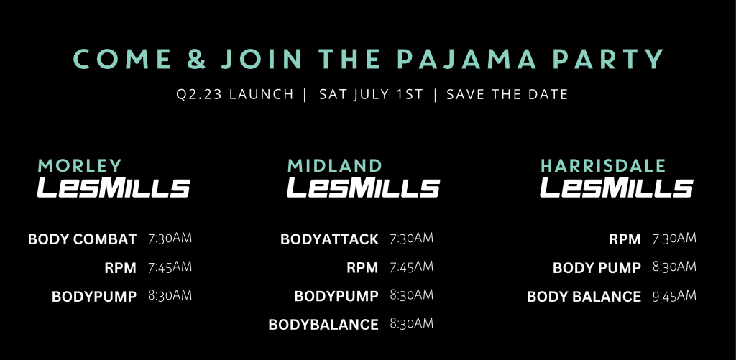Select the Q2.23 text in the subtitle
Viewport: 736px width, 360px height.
[x=195, y=94]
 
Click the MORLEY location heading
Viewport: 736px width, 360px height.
[x=80, y=166]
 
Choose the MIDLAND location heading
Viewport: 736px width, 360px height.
[x=335, y=166]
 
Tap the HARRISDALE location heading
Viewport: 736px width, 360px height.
[x=603, y=166]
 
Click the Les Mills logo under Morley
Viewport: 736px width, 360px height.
[x=114, y=187]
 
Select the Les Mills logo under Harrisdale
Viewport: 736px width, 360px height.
[x=616, y=187]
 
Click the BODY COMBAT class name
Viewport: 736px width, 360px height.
[x=82, y=239]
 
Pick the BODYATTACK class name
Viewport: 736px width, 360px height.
[x=329, y=239]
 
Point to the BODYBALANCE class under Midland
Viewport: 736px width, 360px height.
[x=323, y=325]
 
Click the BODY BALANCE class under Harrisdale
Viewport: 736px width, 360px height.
[x=584, y=297]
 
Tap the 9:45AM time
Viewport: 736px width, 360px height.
[x=674, y=296]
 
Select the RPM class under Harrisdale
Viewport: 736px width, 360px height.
[x=625, y=239]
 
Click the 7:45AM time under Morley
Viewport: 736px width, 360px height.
[x=170, y=267]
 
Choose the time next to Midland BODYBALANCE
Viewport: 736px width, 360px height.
[x=411, y=323]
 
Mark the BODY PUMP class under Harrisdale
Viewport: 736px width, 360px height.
[x=597, y=268]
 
